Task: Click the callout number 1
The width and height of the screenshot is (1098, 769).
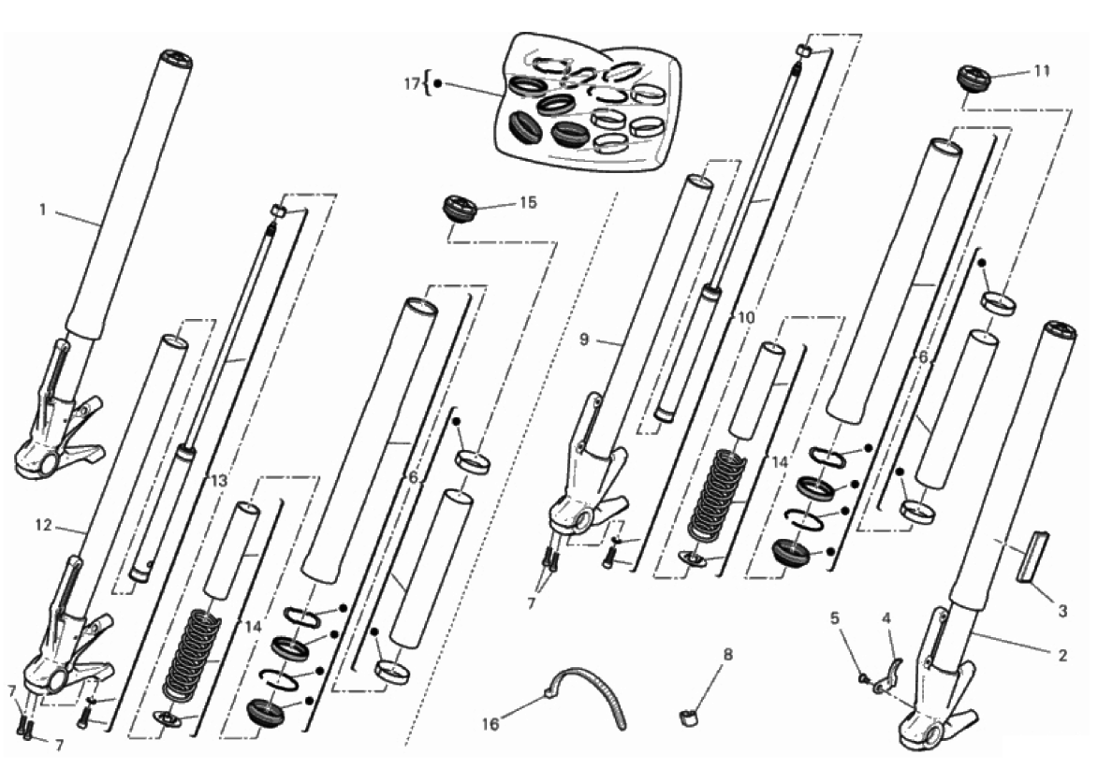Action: point(43,210)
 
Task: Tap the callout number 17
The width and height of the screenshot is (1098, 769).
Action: point(412,84)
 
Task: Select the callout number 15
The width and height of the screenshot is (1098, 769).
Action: point(528,202)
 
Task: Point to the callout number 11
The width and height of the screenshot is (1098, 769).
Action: point(1042,71)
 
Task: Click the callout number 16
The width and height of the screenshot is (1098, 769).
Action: point(490,724)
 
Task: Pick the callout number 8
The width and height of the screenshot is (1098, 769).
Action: point(728,655)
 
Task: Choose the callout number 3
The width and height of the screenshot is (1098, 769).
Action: point(1062,611)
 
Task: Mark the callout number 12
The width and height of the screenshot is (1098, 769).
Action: point(43,524)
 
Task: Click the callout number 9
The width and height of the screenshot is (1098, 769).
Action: point(584,341)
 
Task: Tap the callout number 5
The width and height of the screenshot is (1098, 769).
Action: point(834,617)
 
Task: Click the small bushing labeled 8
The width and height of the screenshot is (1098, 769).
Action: point(688,718)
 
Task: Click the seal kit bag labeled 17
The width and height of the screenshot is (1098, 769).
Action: point(587,101)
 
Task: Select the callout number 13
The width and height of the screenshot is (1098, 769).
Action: point(219,481)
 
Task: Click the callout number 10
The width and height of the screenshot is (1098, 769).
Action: point(746,318)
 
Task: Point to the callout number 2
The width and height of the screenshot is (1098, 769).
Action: point(1062,655)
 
